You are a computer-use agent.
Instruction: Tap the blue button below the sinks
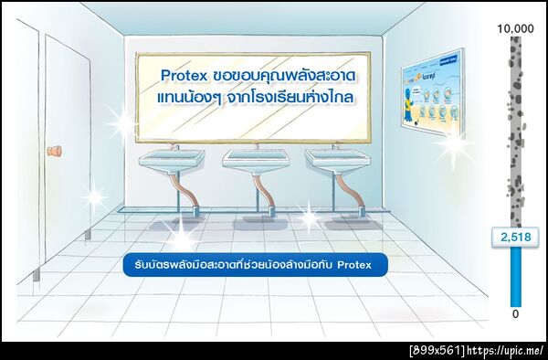255,265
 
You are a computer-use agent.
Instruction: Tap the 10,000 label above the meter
514,29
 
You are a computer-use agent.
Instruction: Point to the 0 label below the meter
514,314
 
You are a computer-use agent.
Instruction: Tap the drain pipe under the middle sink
269,197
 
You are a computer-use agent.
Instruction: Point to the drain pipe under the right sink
350,197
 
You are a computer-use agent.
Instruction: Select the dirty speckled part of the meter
515,128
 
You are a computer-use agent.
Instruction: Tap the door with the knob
68,164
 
